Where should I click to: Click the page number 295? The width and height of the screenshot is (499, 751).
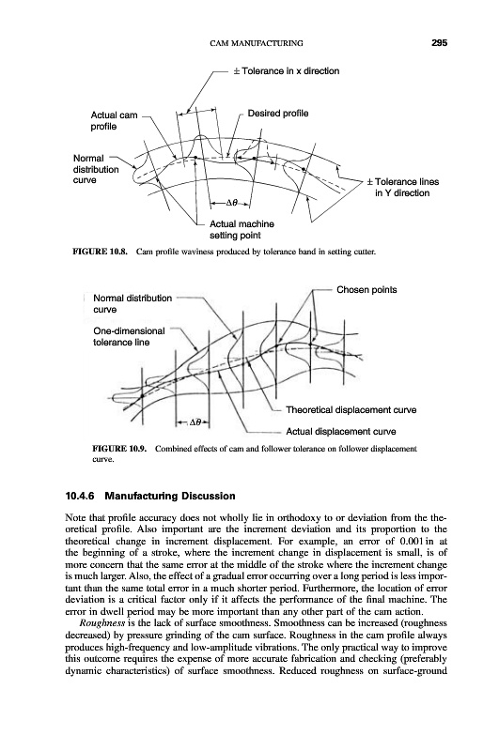[439, 43]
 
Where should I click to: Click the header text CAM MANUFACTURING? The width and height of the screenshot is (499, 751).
[257, 43]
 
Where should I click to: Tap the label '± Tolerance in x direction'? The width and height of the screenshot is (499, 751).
[287, 71]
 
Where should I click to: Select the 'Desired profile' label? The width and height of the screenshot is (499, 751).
[278, 114]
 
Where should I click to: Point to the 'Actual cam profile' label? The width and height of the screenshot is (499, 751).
[114, 121]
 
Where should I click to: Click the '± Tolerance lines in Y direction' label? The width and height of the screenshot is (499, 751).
[402, 187]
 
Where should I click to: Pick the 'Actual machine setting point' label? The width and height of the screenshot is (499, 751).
[242, 229]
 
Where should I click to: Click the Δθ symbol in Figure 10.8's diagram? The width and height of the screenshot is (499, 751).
[232, 203]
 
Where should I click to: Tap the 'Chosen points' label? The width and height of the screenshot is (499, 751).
[366, 290]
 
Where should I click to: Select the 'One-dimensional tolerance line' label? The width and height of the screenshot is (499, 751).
[129, 337]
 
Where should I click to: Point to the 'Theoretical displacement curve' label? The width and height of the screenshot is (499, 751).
[351, 410]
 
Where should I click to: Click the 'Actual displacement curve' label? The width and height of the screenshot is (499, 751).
[341, 432]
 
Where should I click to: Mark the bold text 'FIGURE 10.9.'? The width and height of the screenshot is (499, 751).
[120, 449]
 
